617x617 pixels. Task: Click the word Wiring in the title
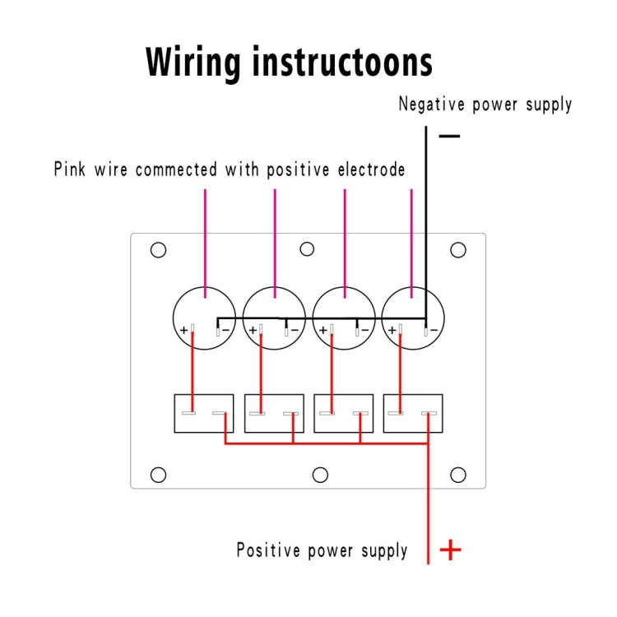point(193,62)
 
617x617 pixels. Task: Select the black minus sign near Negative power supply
point(449,134)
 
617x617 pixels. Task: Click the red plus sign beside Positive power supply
point(451,550)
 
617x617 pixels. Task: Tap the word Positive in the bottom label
point(271,550)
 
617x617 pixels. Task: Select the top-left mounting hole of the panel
point(159,250)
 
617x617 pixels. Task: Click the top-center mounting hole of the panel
point(307,249)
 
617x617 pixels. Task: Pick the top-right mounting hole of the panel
point(458,250)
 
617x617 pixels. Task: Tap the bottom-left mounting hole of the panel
point(158,475)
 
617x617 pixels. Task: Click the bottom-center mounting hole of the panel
point(321,475)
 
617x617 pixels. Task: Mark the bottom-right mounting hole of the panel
point(458,475)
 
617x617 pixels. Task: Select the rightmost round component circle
point(413,317)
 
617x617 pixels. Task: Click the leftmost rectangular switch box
point(204,414)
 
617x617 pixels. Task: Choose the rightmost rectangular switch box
point(413,414)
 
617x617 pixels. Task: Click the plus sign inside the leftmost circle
point(184,331)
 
